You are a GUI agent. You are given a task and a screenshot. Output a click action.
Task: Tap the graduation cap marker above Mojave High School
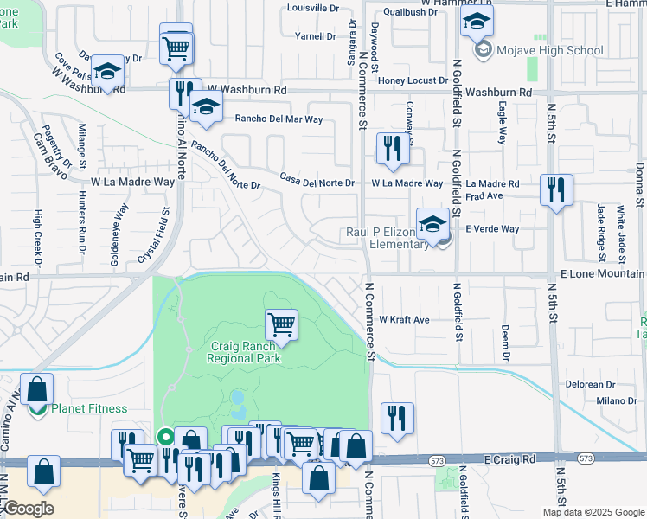click(476, 22)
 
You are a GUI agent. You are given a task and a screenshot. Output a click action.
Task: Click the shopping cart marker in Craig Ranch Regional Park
click(281, 325)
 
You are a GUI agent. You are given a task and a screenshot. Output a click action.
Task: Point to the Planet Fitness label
click(89, 409)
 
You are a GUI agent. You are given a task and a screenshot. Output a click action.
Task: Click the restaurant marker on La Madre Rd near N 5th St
click(556, 190)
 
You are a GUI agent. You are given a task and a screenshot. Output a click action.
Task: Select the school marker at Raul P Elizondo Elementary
click(432, 225)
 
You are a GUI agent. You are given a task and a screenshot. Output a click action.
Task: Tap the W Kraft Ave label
click(404, 320)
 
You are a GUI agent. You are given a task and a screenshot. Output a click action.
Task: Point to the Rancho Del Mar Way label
click(279, 119)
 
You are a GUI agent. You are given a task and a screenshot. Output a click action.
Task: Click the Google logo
click(28, 509)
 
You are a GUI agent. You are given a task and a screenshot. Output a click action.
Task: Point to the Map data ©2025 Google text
click(593, 512)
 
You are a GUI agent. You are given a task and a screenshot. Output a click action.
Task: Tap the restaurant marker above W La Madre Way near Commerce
click(391, 148)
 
